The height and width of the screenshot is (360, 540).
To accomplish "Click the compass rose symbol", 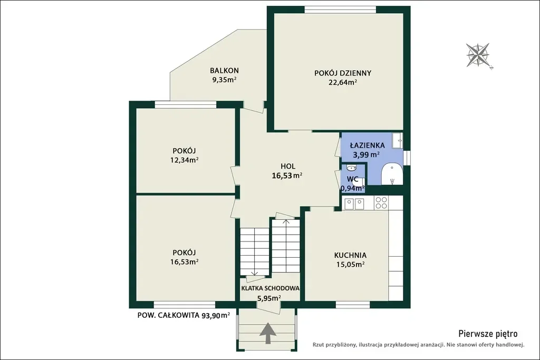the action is point(478,55).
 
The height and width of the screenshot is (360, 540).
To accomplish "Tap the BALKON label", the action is point(224,71).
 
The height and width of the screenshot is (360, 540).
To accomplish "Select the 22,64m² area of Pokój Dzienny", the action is point(343,82).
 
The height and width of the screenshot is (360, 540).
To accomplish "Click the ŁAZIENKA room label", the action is point(367,145).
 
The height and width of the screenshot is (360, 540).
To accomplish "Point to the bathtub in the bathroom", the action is point(392,174).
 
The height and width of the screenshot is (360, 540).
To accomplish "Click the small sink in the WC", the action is point(351,168).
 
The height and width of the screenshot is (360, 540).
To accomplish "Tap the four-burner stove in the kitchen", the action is point(381,202).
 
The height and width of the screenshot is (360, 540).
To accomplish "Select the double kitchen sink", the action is point(354,204).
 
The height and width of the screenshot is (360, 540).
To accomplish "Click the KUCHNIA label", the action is point(350,255).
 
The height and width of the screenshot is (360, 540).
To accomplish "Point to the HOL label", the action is point(288,167).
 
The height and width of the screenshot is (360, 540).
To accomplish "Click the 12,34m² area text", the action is point(184,160).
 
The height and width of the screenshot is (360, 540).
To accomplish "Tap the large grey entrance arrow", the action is point(268,333).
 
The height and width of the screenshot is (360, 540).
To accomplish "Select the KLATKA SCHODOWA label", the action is point(271,288).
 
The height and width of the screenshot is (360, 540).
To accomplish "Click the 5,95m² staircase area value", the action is point(269,298).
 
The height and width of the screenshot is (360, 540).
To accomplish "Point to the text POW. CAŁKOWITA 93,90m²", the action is point(184,315).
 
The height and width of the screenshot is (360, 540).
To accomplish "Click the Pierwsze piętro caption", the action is point(488,334).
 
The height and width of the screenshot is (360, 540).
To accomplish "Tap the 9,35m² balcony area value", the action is point(224,80).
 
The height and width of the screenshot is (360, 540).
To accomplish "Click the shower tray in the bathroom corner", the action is point(398,140).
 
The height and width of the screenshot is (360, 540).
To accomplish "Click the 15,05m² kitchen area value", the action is point(350,264).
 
